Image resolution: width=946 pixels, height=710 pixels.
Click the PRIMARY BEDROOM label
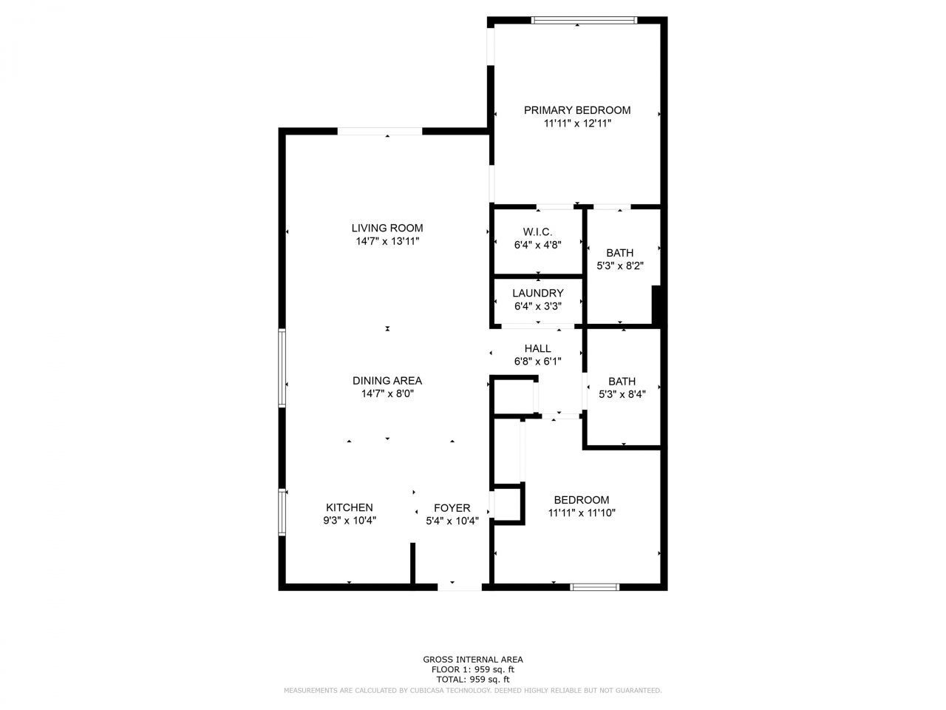pos(577,110)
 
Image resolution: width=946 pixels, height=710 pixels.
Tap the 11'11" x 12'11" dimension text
pos(577,124)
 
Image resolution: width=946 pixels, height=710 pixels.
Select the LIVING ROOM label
pos(387,228)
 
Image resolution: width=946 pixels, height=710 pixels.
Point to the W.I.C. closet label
pos(538,232)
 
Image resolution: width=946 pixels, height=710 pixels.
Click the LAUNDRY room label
pos(538,293)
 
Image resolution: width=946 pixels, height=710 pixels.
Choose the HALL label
pos(537,348)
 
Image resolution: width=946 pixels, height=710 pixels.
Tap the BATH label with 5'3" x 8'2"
pos(619,253)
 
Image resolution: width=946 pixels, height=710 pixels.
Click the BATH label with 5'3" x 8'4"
pos(622,382)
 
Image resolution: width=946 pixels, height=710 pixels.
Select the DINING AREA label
pos(387,381)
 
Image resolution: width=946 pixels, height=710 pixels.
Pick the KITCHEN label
pos(350,507)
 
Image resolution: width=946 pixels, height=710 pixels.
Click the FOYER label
pos(452,508)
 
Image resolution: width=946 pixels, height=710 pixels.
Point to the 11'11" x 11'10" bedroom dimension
pos(582,513)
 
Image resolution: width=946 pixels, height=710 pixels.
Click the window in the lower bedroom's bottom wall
pos(594,587)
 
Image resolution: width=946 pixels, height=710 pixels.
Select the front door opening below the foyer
pos(460,587)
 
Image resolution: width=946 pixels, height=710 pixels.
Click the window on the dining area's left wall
pos(282,368)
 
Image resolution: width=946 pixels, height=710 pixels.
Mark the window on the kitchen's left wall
pos(282,511)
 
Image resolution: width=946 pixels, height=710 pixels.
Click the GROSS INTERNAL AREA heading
pos(473,659)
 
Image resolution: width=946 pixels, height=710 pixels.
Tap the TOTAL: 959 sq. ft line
pos(473,679)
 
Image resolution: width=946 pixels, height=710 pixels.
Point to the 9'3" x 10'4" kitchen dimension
pos(350,520)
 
